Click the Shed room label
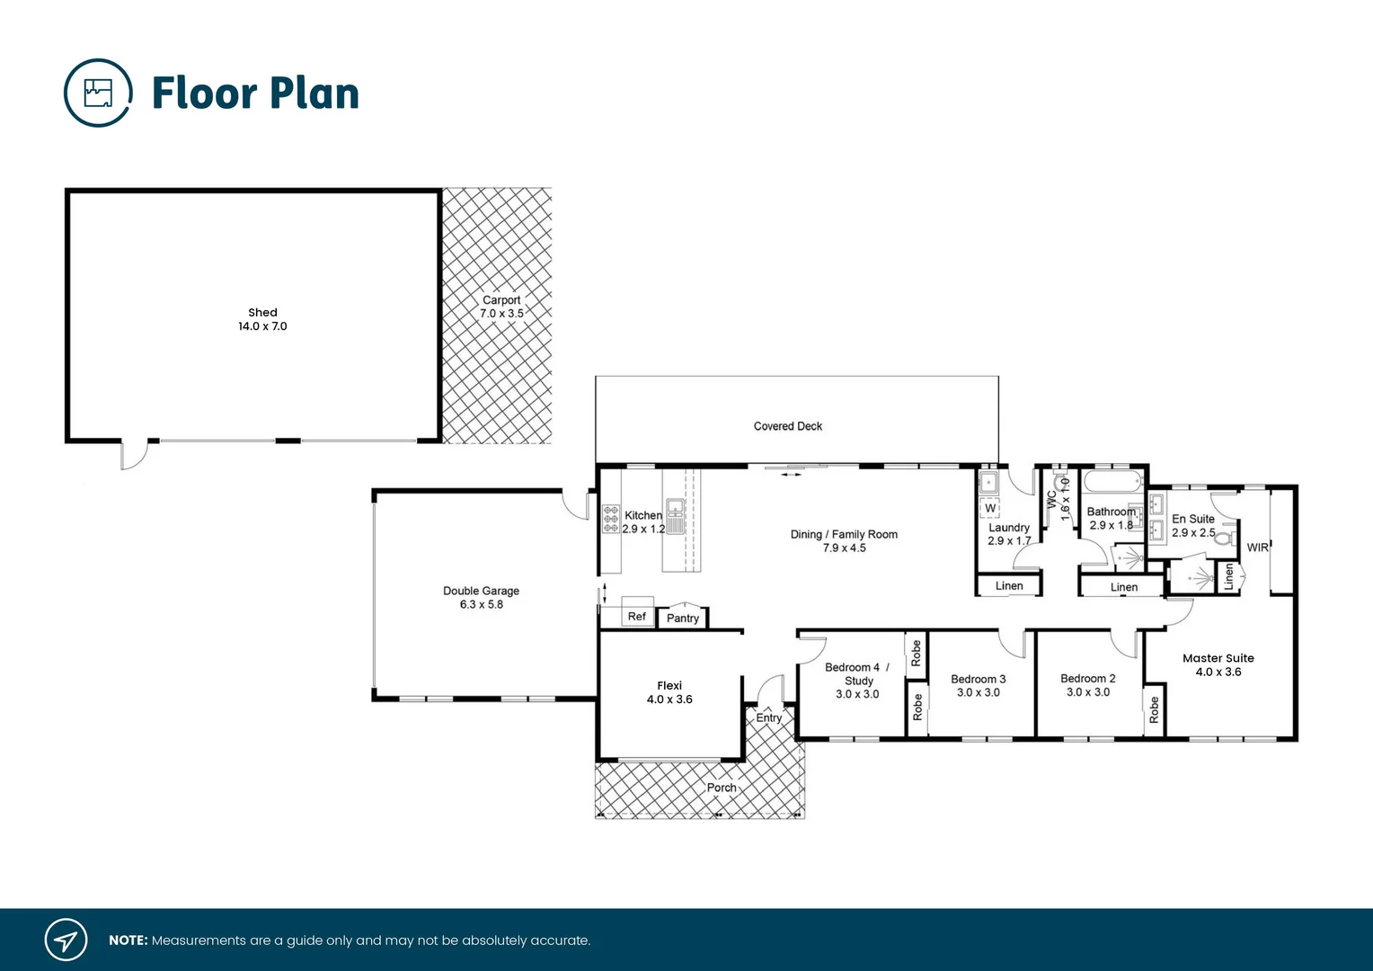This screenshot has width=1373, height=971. tap(262, 313)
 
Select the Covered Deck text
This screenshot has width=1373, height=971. tap(787, 426)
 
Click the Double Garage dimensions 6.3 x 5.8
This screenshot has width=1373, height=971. tap(482, 605)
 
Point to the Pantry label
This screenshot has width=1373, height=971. tap(683, 619)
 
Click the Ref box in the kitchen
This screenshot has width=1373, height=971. tap(636, 617)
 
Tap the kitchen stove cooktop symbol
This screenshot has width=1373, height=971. tap(611, 519)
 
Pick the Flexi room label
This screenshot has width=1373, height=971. tap(669, 686)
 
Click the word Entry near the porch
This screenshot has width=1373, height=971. tap(769, 717)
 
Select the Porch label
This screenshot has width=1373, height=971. tap(722, 788)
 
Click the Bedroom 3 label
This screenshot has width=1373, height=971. tap(979, 680)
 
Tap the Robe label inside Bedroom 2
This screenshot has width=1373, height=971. tap(1155, 710)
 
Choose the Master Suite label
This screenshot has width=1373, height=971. tap(1218, 658)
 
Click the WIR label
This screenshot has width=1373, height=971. tap(1258, 548)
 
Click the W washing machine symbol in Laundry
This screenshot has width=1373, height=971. tap(990, 508)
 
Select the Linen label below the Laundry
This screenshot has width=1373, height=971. tap(1009, 586)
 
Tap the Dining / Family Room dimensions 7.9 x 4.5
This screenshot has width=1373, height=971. tap(845, 548)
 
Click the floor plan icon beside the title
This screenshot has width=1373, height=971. tap(98, 94)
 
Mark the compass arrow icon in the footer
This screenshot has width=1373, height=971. tap(66, 940)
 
